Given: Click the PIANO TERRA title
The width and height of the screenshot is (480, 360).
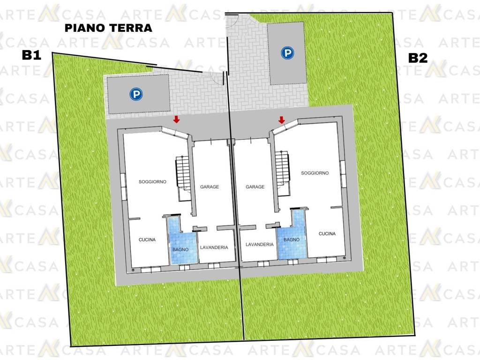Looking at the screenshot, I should (x=108, y=28).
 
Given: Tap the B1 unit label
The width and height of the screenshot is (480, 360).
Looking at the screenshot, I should (x=32, y=55).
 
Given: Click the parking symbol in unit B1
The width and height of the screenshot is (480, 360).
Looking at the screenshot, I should (x=136, y=95).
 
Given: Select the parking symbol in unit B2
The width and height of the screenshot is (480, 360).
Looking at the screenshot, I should (x=286, y=53).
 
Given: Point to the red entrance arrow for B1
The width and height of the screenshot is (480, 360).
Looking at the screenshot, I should (x=177, y=120).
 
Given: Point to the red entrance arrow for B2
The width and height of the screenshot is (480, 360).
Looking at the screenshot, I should (x=282, y=120).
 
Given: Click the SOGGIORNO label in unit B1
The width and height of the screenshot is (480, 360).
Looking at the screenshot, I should (x=152, y=182).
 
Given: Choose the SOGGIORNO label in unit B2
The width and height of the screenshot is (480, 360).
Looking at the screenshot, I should (x=315, y=173).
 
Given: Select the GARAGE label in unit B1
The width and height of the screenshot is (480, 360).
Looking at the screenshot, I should (x=210, y=187).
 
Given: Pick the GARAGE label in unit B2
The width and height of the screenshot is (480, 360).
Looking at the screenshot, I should (x=255, y=187).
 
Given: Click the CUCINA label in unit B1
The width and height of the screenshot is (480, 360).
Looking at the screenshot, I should (x=147, y=240).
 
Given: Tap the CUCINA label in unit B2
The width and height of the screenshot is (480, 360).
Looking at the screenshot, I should (x=327, y=233).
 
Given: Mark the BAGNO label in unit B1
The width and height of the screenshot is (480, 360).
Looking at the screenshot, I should (x=180, y=249).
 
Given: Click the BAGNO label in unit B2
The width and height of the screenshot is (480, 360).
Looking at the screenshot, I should (x=291, y=240).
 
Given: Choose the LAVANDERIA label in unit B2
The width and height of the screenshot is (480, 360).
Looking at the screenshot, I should (x=259, y=244).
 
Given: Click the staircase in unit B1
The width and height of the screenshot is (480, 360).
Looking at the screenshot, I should (x=182, y=172).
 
